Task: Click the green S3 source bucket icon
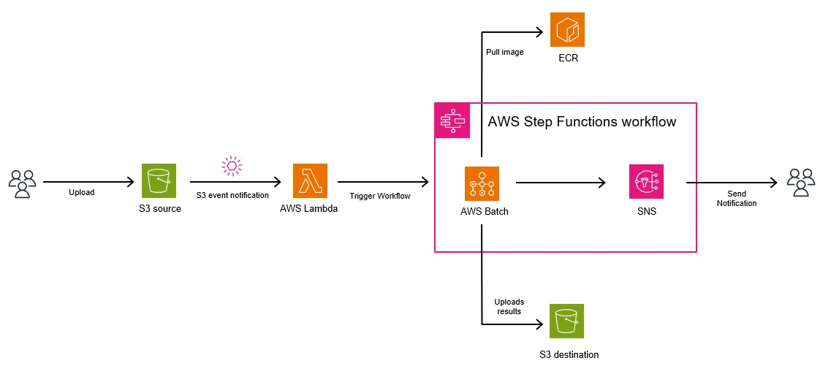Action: click(159, 180)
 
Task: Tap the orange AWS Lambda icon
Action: click(310, 180)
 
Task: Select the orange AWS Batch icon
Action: click(482, 183)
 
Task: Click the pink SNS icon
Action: click(646, 181)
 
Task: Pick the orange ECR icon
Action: click(567, 30)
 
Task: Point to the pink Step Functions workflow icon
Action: click(452, 121)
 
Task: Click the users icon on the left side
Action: click(22, 183)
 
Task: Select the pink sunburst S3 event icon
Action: click(232, 166)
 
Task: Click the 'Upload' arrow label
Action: click(82, 193)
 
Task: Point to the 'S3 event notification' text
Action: click(232, 195)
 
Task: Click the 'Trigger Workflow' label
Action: click(380, 196)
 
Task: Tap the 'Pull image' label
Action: click(505, 52)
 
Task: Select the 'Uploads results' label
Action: click(509, 306)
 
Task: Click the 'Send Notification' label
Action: click(736, 198)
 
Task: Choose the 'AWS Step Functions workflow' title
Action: click(582, 122)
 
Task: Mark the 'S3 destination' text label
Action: click(568, 355)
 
